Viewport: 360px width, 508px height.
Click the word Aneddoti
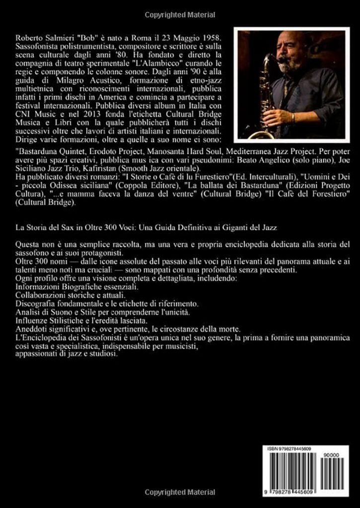click(33, 329)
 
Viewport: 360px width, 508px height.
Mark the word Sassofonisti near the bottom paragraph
click(87, 338)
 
